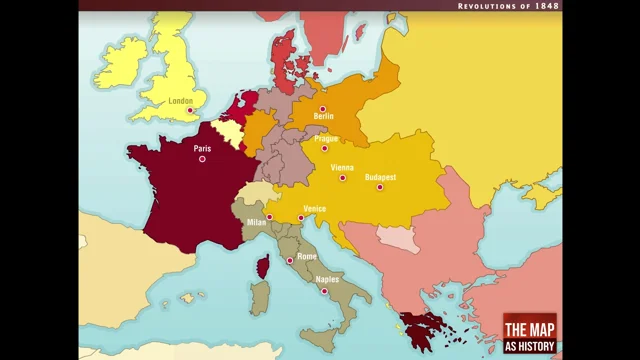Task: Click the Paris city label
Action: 202,149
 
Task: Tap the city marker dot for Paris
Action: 202,159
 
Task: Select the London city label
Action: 180,101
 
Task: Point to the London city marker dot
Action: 190,111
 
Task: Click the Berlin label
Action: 323,117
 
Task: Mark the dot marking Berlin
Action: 322,108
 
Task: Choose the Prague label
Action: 326,138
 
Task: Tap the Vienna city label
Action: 342,167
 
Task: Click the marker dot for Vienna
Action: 342,178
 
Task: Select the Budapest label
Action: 381,177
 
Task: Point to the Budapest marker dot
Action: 380,187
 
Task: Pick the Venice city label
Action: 314,208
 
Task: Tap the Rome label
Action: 307,256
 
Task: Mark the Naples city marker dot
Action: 324,291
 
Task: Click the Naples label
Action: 327,280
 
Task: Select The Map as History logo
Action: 529,334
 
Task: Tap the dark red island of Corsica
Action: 264,267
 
